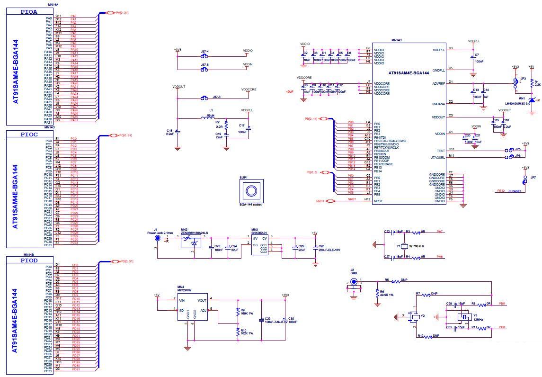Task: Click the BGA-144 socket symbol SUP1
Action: click(x=250, y=191)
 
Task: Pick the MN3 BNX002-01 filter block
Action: click(x=261, y=246)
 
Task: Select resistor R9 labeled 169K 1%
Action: click(x=237, y=312)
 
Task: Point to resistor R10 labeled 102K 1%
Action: click(x=237, y=333)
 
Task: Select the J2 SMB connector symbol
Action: click(x=353, y=284)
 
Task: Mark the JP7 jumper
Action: click(x=524, y=180)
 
